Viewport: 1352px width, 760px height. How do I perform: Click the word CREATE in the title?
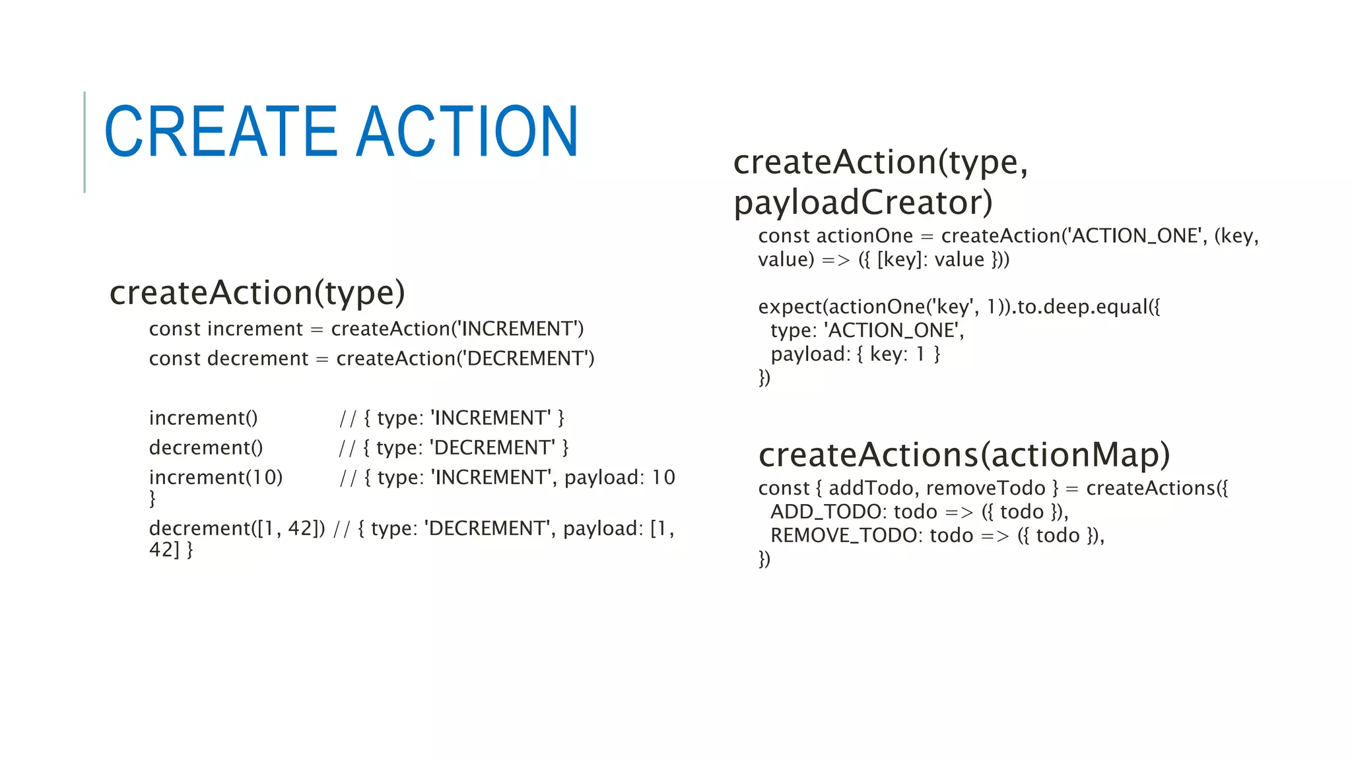coord(221,132)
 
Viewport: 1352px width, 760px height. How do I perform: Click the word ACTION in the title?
coord(467,132)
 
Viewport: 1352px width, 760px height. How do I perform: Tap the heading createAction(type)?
coord(257,292)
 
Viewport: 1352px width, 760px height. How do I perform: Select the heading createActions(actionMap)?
coord(964,455)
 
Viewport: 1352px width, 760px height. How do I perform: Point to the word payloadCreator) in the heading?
coord(863,202)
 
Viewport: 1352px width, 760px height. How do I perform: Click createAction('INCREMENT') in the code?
coord(457,329)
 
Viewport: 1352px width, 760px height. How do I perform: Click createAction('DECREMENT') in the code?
coord(465,358)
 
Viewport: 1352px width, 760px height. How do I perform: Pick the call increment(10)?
coord(216,477)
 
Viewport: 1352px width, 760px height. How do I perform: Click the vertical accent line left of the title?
coord(84,142)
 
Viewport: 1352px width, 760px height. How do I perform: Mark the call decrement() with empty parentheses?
coord(206,447)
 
